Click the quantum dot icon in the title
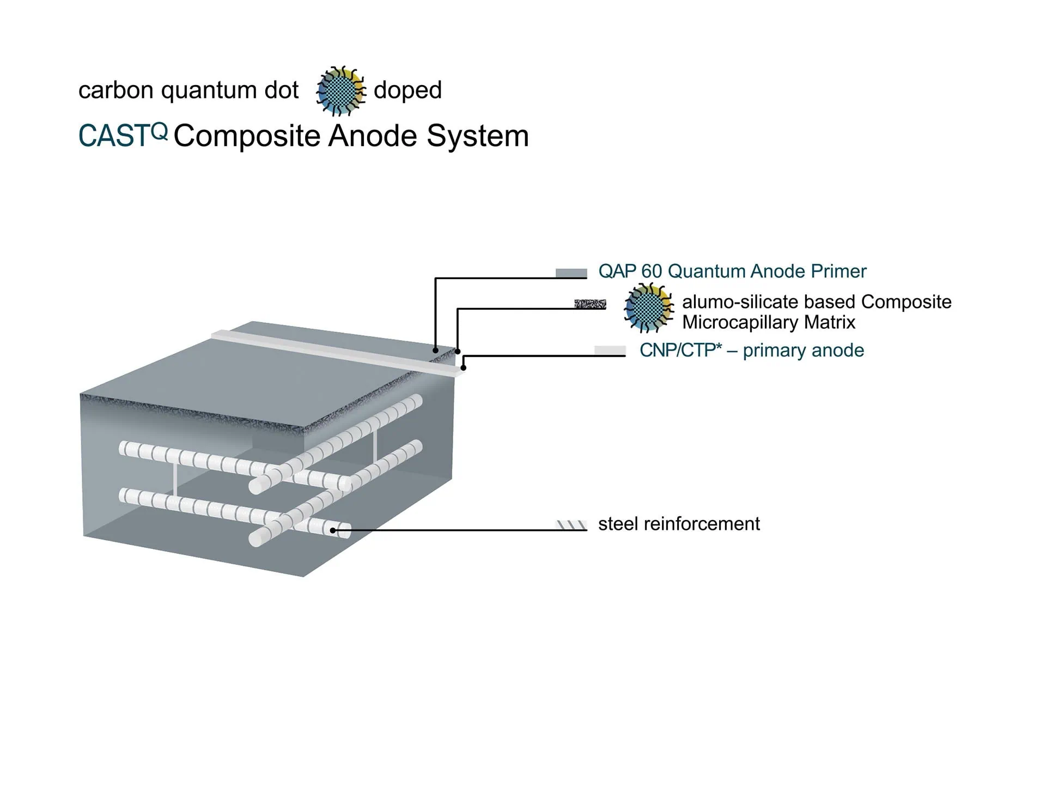[x=341, y=91]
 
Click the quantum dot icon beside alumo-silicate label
[x=648, y=308]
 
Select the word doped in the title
[x=408, y=90]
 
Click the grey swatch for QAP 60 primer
[x=571, y=273]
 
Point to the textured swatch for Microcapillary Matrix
[x=590, y=304]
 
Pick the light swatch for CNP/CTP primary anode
[x=610, y=351]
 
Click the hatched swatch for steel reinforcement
[x=571, y=525]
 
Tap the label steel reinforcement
[x=679, y=524]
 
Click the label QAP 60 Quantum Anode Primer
[x=732, y=271]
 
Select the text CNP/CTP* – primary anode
[x=752, y=351]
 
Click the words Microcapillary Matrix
[x=769, y=323]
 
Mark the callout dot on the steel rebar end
[x=333, y=530]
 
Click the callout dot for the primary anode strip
[x=464, y=368]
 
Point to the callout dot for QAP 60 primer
[x=435, y=350]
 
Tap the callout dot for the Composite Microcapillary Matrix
[x=458, y=352]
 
